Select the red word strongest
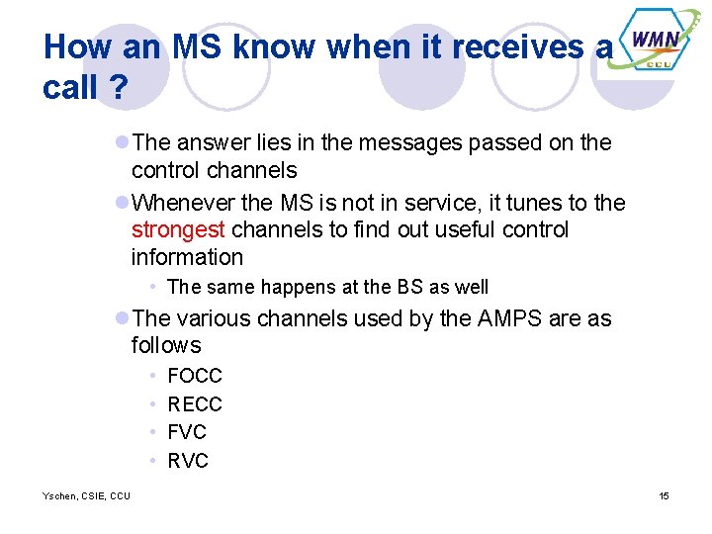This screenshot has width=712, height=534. pyautogui.click(x=180, y=230)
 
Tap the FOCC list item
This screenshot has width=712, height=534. pyautogui.click(x=195, y=376)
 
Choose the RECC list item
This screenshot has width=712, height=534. pyautogui.click(x=195, y=404)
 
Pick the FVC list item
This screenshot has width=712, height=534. pyautogui.click(x=187, y=432)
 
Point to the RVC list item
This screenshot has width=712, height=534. pyautogui.click(x=188, y=461)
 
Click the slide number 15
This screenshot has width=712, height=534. pyautogui.click(x=664, y=495)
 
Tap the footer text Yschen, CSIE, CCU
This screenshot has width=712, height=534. pyautogui.click(x=86, y=495)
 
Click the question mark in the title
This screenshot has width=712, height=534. pyautogui.click(x=118, y=88)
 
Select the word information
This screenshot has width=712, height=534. pyautogui.click(x=187, y=258)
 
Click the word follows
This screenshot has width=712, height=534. pyautogui.click(x=166, y=346)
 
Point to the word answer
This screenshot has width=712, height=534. pyautogui.click(x=215, y=142)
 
